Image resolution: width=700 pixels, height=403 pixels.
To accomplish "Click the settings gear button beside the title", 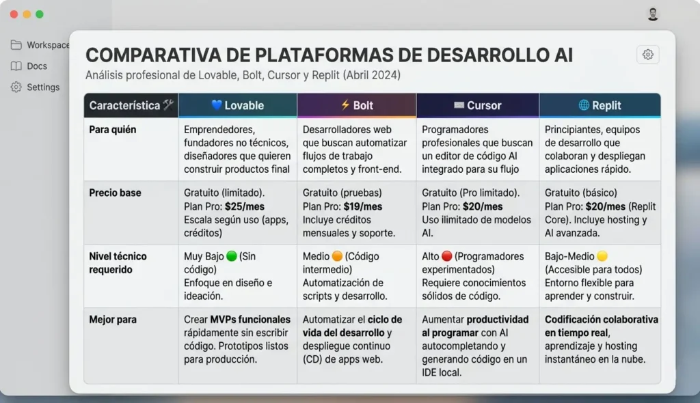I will point(647,55).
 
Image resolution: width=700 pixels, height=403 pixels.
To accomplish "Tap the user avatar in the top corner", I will point(653,14).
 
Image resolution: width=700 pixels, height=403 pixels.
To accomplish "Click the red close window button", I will point(14,14).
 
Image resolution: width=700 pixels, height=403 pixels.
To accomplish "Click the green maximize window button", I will point(40,14).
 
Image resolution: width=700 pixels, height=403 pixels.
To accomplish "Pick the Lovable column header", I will point(237,105).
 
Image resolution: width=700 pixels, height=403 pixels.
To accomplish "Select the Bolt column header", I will point(357,105).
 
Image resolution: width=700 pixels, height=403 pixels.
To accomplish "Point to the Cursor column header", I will point(477,105).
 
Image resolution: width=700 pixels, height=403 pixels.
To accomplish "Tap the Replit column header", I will point(600,105).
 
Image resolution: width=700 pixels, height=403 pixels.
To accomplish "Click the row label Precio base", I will point(115,193).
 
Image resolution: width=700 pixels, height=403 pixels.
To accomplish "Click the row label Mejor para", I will point(113,320).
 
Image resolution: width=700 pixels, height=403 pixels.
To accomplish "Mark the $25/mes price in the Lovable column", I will point(245,206).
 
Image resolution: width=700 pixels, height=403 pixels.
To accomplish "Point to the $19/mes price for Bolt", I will point(363,206).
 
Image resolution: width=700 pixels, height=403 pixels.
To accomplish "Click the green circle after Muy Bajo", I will point(231,256).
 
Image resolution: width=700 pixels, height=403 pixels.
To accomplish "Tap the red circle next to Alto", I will point(447,256).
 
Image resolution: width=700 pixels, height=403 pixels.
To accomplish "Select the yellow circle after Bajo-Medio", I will point(602,256).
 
